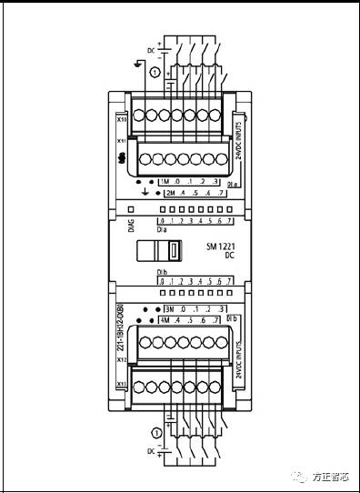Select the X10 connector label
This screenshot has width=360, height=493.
[x=121, y=119]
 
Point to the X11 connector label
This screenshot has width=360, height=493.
[x=121, y=144]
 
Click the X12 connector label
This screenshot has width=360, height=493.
[x=121, y=360]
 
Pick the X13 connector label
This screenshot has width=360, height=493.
[x=121, y=385]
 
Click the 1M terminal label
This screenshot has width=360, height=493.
[x=165, y=182]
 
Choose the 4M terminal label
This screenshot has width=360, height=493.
[x=165, y=321]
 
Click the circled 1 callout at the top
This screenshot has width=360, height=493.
[x=155, y=72]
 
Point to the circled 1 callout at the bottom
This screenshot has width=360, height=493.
[x=157, y=432]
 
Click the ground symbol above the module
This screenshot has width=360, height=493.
[x=137, y=63]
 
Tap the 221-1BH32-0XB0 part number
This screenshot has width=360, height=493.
[x=120, y=325]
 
